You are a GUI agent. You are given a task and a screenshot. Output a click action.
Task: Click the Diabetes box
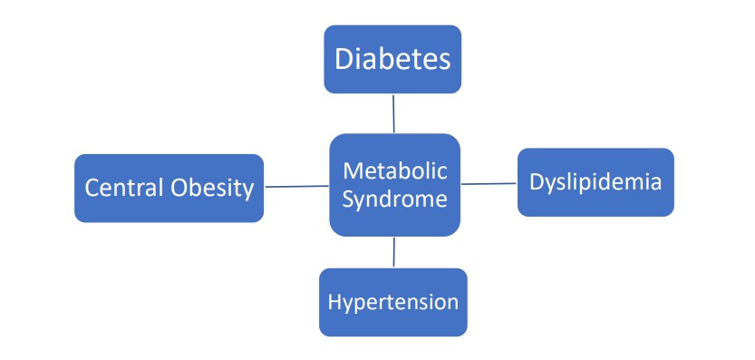pyautogui.click(x=392, y=59)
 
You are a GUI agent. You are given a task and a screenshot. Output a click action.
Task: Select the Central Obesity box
pyautogui.click(x=169, y=188)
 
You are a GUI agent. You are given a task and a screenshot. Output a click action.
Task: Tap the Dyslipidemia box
pyautogui.click(x=595, y=182)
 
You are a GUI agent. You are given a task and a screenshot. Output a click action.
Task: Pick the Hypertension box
pyautogui.click(x=393, y=302)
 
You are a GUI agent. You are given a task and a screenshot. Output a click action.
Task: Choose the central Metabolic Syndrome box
pyautogui.click(x=394, y=185)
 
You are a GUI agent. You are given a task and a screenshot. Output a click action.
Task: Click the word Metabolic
pyautogui.click(x=394, y=170)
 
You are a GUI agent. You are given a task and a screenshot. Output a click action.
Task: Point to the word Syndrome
pyautogui.click(x=394, y=199)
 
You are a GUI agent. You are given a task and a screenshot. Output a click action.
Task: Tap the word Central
pyautogui.click(x=124, y=188)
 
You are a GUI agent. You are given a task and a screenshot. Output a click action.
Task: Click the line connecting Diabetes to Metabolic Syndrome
pyautogui.click(x=393, y=113)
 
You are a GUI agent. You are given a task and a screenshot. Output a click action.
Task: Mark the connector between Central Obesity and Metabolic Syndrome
pyautogui.click(x=296, y=187)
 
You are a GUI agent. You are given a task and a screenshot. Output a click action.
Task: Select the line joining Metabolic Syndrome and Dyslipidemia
pyautogui.click(x=489, y=184)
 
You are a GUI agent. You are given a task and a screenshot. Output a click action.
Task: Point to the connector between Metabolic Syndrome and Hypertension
pyautogui.click(x=394, y=251)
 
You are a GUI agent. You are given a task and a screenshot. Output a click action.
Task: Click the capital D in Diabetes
pyautogui.click(x=344, y=60)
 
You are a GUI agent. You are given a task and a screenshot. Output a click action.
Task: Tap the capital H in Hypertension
pyautogui.click(x=334, y=302)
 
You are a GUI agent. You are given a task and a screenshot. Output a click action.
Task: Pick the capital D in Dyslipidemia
pyautogui.click(x=536, y=182)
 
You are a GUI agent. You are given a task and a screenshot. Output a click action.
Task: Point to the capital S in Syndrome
pyautogui.click(x=347, y=199)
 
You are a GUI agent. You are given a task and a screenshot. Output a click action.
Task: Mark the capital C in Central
pyautogui.click(x=92, y=188)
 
